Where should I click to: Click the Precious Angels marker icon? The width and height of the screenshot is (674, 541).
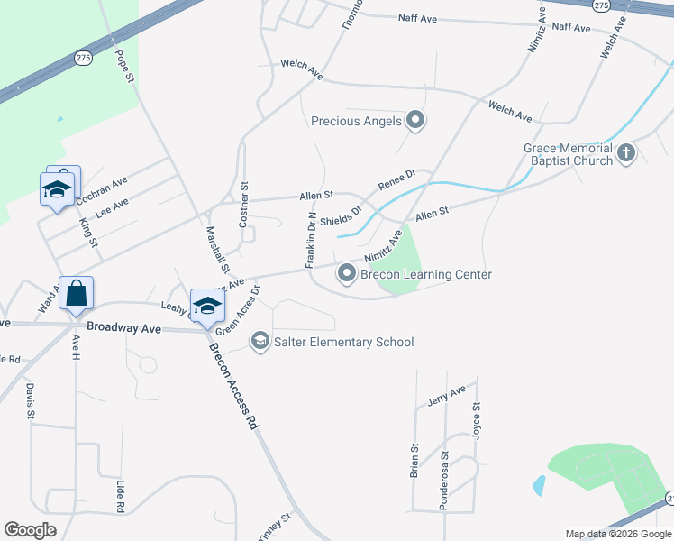pos(415,119)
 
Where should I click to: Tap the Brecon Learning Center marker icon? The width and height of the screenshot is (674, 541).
pos(346,272)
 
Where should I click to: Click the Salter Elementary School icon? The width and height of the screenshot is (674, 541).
pos(260,341)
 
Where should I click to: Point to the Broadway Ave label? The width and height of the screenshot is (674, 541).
pos(123,329)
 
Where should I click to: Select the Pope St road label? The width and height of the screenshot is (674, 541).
pos(123,67)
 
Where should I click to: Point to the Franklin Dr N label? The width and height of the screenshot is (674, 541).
pos(311,241)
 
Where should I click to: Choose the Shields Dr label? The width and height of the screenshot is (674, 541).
pos(341,217)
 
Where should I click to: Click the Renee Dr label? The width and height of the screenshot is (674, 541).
pos(396,179)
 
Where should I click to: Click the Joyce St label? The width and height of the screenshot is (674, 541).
pos(477,420)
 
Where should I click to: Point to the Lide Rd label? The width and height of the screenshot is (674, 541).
pos(120,496)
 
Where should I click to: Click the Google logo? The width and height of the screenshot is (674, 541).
pos(31,530)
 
